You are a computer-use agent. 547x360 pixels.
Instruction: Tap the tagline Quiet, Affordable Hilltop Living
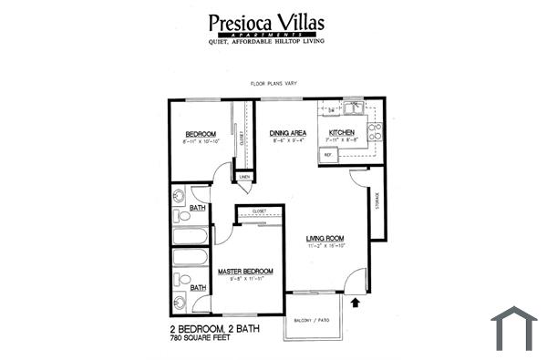pos(265,41)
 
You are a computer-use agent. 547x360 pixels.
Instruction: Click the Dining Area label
pos(287,133)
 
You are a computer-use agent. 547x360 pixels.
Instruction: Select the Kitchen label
pos(343,133)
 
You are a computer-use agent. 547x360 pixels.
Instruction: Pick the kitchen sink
pos(351,107)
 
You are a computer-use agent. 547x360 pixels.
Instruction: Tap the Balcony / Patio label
pos(313,320)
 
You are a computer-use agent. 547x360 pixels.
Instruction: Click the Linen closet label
pos(244,177)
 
